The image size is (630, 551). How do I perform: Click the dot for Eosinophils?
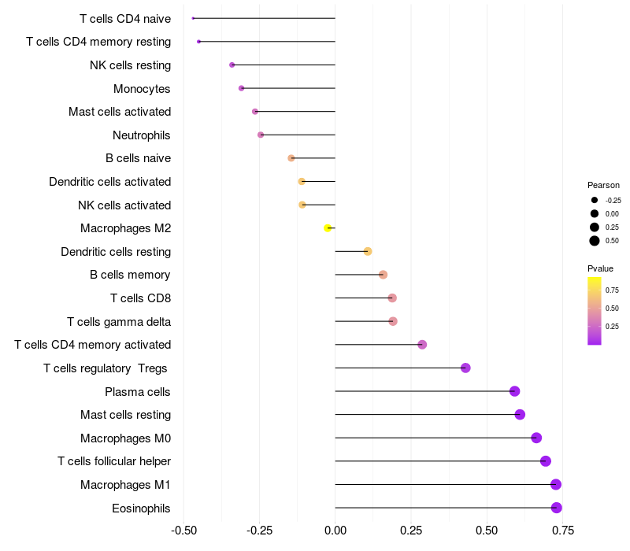click(557, 508)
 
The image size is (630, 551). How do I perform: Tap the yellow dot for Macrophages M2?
click(328, 228)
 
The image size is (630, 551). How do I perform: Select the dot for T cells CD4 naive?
click(193, 18)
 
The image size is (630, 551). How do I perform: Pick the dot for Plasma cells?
click(515, 391)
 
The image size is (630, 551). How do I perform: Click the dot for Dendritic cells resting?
click(368, 252)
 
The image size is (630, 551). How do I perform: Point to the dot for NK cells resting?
click(232, 65)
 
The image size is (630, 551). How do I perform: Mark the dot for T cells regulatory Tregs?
click(465, 368)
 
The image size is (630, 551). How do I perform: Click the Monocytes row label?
click(142, 88)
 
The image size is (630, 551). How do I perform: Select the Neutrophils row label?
click(142, 135)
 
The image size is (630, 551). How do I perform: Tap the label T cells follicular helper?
click(114, 461)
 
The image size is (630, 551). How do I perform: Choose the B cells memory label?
click(130, 275)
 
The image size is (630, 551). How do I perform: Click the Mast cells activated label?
click(120, 112)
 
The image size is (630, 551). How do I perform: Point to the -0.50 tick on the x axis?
click(183, 531)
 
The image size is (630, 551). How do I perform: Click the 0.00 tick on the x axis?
click(335, 531)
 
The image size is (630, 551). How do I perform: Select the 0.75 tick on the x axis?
click(562, 531)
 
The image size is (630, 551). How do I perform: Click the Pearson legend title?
click(604, 185)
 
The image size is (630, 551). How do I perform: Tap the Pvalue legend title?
click(601, 268)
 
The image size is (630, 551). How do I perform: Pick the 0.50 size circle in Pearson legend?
click(595, 241)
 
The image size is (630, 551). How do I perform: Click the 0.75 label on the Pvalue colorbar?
click(613, 289)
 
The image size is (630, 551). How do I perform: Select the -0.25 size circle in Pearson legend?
click(595, 200)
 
